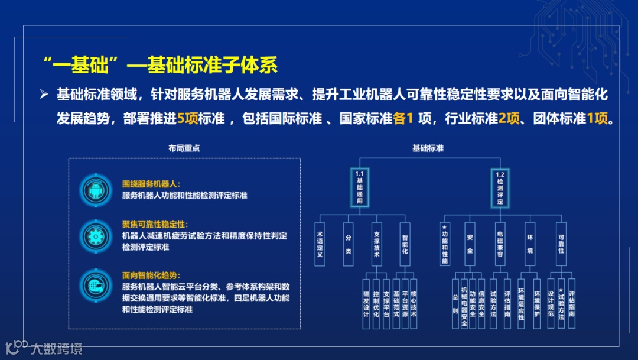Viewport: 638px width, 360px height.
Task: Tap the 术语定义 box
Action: tap(320, 244)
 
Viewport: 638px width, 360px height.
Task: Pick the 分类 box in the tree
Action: tap(348, 244)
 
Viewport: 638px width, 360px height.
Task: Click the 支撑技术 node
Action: tap(376, 244)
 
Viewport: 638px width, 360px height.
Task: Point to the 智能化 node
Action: tap(405, 244)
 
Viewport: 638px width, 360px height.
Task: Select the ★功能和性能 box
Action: tap(445, 244)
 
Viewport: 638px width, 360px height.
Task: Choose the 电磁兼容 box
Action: tap(500, 244)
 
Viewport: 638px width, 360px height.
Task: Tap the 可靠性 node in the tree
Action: tap(561, 244)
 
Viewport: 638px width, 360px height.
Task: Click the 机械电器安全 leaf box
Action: tap(464, 303)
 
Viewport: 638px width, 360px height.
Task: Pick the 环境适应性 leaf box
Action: tap(521, 303)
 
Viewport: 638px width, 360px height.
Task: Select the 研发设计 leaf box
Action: tap(366, 303)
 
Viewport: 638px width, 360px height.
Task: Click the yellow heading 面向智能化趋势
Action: tap(151, 275)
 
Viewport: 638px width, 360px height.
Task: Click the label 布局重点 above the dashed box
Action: tap(184, 148)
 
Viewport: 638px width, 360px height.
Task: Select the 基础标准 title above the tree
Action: tap(428, 148)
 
